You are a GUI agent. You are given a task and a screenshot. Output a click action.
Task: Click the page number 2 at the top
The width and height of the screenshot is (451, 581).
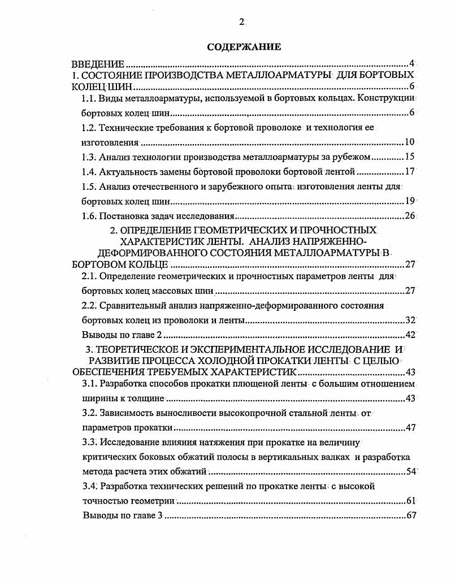(241, 22)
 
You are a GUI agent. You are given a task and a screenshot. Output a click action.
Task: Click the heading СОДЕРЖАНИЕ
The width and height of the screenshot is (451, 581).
(244, 47)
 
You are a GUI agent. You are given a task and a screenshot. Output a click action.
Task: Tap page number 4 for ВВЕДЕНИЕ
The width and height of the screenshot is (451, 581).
(413, 63)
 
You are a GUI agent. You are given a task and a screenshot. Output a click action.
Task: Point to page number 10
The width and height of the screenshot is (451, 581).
(410, 142)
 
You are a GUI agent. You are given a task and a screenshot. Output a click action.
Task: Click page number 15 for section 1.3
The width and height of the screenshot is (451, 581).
(410, 157)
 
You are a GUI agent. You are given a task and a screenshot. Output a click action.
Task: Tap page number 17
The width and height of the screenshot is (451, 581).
(410, 171)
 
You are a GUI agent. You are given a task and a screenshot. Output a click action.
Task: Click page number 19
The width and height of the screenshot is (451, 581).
(410, 201)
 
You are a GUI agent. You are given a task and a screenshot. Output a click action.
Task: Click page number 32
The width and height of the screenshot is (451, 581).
(410, 320)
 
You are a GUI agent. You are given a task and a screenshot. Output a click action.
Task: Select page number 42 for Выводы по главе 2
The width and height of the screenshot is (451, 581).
(410, 335)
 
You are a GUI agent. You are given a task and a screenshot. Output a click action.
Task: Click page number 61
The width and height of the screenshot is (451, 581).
(410, 501)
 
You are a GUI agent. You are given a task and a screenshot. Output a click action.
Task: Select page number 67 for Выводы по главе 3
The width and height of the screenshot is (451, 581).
(410, 515)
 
